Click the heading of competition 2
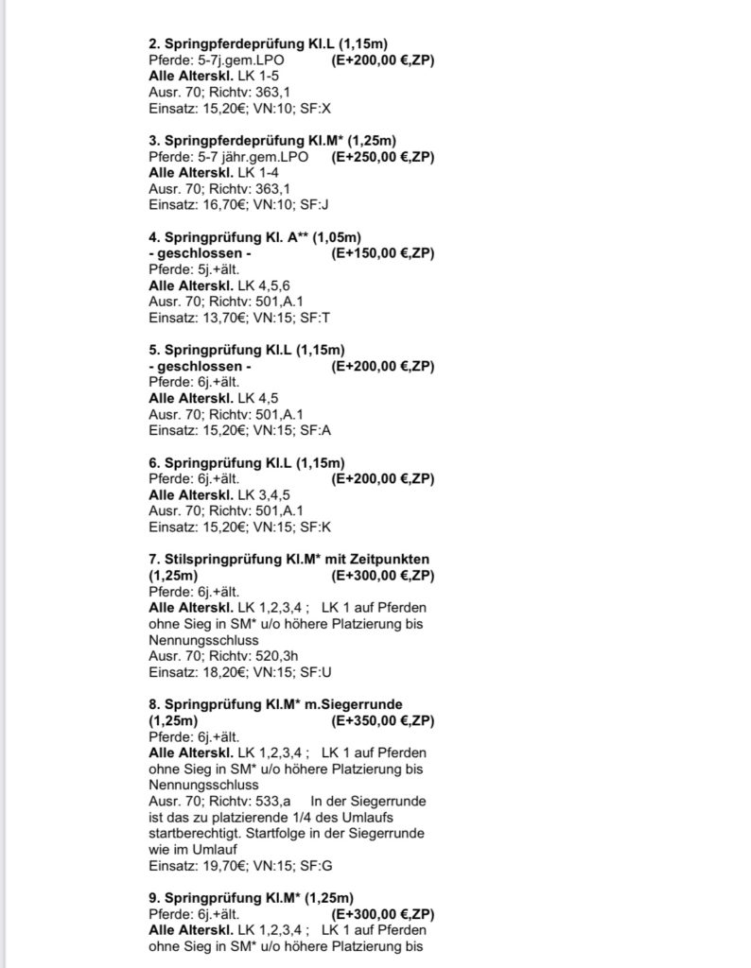tap(269, 43)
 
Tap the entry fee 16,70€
tap(219, 204)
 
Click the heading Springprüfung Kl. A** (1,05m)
tap(256, 236)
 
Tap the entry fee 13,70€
tap(219, 317)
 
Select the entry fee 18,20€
tap(219, 671)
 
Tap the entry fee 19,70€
tap(219, 865)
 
